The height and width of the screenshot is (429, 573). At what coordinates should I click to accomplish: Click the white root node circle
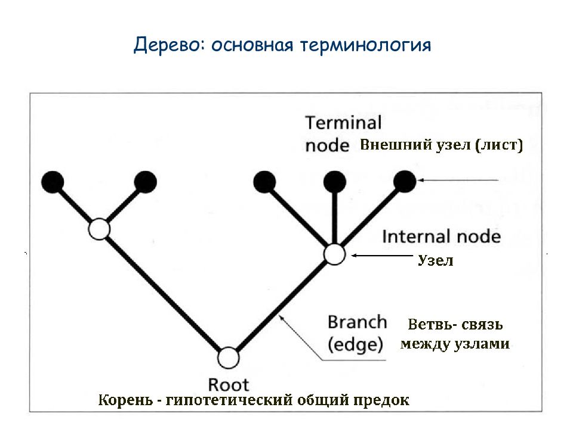[x=229, y=358]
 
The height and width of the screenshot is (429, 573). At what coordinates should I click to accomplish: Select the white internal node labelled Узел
[x=334, y=254]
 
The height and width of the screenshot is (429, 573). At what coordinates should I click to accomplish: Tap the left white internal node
[x=100, y=229]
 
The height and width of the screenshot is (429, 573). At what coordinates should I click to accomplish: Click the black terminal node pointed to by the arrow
[x=405, y=181]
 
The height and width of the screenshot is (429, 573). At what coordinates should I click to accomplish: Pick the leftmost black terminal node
[x=53, y=182]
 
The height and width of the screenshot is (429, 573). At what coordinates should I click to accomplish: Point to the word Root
[x=229, y=384]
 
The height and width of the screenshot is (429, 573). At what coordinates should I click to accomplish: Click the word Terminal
[x=343, y=123]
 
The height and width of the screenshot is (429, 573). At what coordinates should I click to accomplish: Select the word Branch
[x=357, y=322]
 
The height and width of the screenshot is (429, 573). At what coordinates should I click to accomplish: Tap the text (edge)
[x=355, y=344]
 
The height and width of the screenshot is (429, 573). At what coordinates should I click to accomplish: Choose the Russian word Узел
[x=436, y=260]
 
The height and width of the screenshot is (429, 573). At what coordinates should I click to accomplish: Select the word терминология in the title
[x=365, y=46]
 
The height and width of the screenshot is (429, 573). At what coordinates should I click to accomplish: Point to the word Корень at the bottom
[x=125, y=400]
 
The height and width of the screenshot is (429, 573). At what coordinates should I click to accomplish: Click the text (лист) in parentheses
[x=499, y=145]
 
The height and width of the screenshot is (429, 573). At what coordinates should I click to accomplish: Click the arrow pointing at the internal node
[x=382, y=256]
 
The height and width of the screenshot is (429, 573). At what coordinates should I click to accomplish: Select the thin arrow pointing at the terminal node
[x=458, y=180]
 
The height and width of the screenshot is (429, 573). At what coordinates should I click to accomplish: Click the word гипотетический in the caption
[x=229, y=400]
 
